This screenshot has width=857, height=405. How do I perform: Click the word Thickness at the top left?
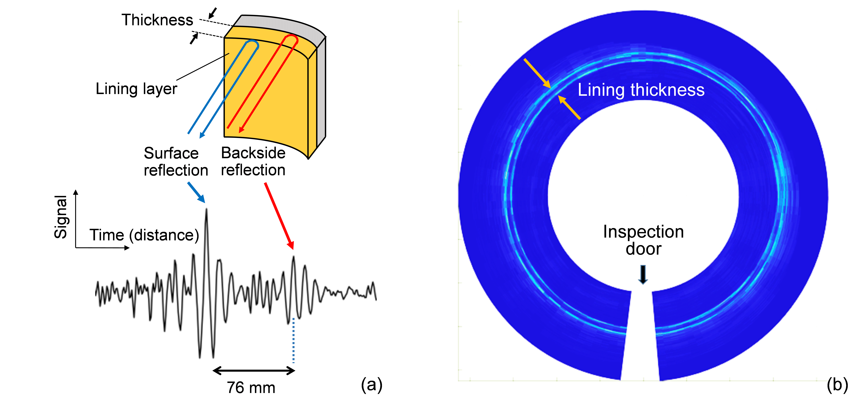point(157,20)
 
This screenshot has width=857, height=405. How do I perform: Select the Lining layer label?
point(136,89)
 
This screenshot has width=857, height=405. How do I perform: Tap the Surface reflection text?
point(176,162)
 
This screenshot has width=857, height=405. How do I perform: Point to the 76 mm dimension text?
point(251,388)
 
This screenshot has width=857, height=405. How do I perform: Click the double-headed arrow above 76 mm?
point(254,370)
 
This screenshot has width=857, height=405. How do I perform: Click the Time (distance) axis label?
point(144,235)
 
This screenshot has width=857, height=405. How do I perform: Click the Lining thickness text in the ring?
point(641,90)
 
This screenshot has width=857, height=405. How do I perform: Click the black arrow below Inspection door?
point(643,274)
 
